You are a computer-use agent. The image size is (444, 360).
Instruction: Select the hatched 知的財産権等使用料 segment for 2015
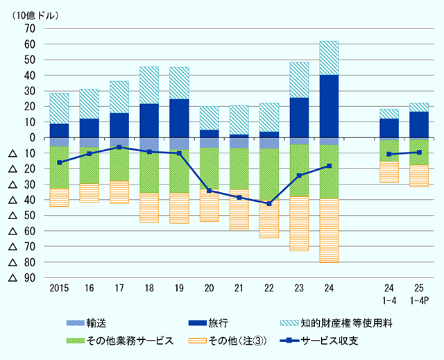point(59,108)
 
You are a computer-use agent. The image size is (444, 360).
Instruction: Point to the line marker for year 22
point(269,203)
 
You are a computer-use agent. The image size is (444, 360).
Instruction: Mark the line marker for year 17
point(119,147)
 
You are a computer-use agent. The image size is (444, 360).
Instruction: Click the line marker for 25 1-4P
point(419,152)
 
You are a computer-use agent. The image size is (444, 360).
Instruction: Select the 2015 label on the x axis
point(59,286)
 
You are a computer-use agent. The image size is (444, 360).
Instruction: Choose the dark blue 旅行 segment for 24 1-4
point(388,128)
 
